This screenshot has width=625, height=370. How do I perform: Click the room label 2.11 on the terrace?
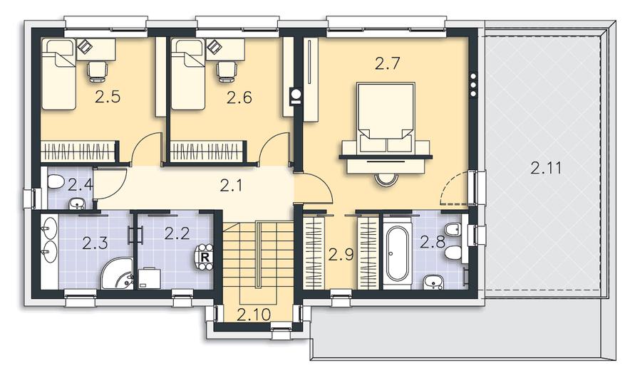(x=546, y=168)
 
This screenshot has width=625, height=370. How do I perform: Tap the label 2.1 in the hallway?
(x=231, y=186)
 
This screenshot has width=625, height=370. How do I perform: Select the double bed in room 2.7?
(x=386, y=117)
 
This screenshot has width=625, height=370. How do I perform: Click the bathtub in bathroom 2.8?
(x=397, y=253)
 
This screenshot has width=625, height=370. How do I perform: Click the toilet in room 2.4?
(x=56, y=182)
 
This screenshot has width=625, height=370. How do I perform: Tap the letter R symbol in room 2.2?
(x=205, y=257)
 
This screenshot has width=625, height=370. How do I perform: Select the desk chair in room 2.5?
(x=97, y=72)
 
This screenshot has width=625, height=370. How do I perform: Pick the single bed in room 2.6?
(x=187, y=74)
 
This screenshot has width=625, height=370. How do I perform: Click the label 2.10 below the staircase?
(x=254, y=314)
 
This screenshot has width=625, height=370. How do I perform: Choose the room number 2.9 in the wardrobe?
(x=341, y=254)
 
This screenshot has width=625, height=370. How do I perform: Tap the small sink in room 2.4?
(x=77, y=203)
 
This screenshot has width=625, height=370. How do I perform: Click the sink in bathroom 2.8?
(x=433, y=282)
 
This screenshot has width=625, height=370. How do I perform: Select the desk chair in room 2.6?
(x=227, y=72)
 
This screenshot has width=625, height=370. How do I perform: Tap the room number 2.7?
(x=387, y=63)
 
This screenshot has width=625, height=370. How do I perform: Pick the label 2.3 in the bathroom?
(x=95, y=243)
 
